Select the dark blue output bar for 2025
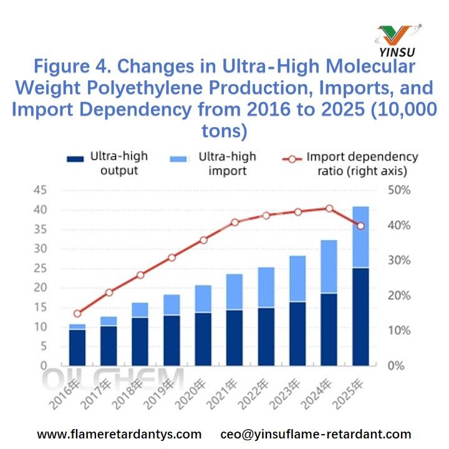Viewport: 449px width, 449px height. coord(361,316)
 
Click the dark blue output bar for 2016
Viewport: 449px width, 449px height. coord(77,347)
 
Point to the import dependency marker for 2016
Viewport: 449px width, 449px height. coord(77,314)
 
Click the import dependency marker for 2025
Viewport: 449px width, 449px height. coord(361,226)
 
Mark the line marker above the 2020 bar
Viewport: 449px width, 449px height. coord(203,240)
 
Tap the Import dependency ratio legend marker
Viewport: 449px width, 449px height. coord(293,158)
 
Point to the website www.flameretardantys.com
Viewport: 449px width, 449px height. coord(119,433)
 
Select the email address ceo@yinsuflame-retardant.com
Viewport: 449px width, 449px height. coord(316,433)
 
